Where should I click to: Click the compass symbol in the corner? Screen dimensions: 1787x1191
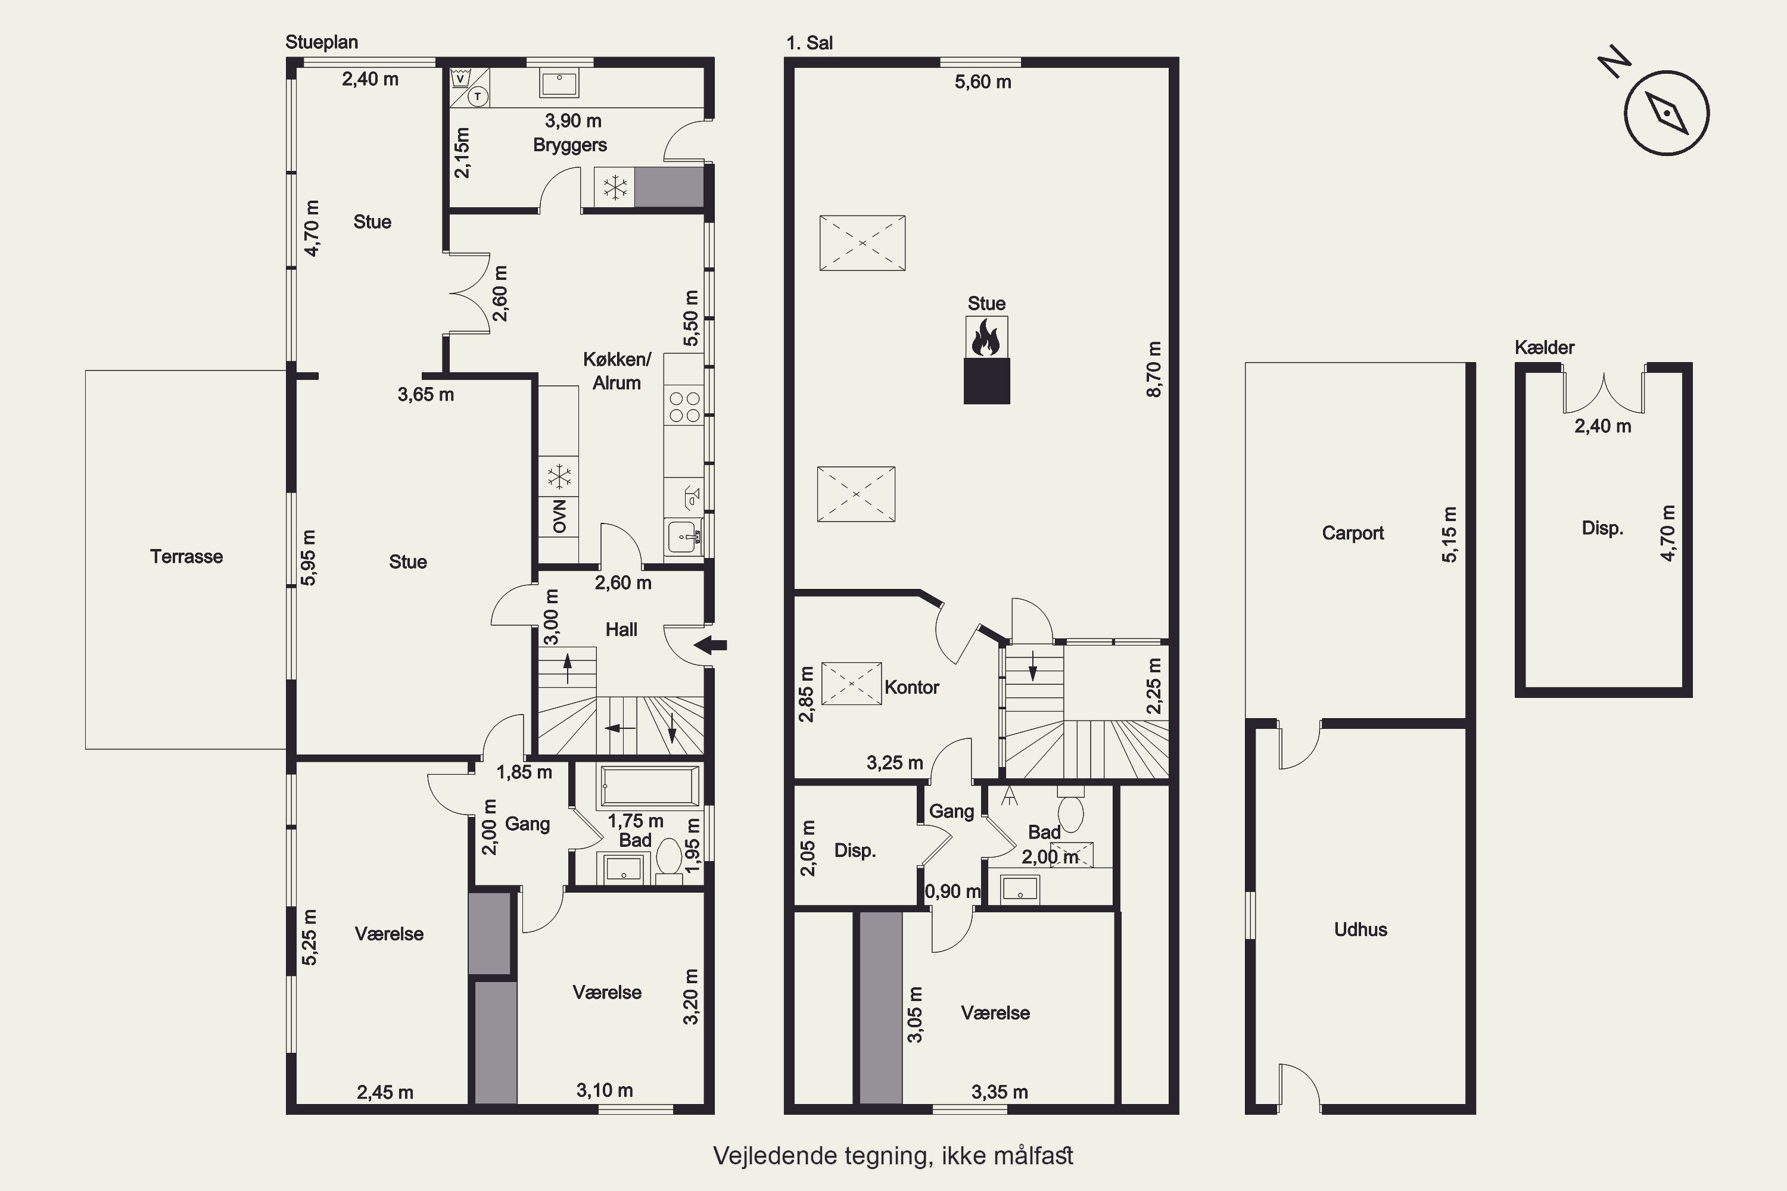coord(1666,113)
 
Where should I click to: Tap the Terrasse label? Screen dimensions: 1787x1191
coord(186,557)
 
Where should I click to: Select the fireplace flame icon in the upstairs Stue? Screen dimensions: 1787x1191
coord(986,337)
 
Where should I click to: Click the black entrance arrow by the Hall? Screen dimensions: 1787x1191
coord(711,646)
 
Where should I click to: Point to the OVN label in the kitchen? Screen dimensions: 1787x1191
coord(560,516)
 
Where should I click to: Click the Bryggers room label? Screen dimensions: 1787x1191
coord(570,145)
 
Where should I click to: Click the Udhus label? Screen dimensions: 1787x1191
coord(1361,930)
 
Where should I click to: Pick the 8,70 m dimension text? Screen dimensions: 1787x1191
coord(1153,369)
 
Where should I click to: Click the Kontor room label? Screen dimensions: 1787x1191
coord(912,687)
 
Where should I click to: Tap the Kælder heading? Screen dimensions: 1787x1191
coord(1545,348)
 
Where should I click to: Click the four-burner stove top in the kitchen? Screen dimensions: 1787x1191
coord(684,406)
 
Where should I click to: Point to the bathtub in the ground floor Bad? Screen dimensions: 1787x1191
coord(650,785)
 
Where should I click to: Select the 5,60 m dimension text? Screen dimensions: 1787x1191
coord(983,82)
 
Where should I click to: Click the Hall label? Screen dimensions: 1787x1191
coord(621,629)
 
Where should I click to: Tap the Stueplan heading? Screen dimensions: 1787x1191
coord(322,42)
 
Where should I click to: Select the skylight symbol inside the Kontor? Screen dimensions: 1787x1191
coord(852,684)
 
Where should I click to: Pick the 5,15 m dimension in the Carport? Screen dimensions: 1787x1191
coord(1450,534)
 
